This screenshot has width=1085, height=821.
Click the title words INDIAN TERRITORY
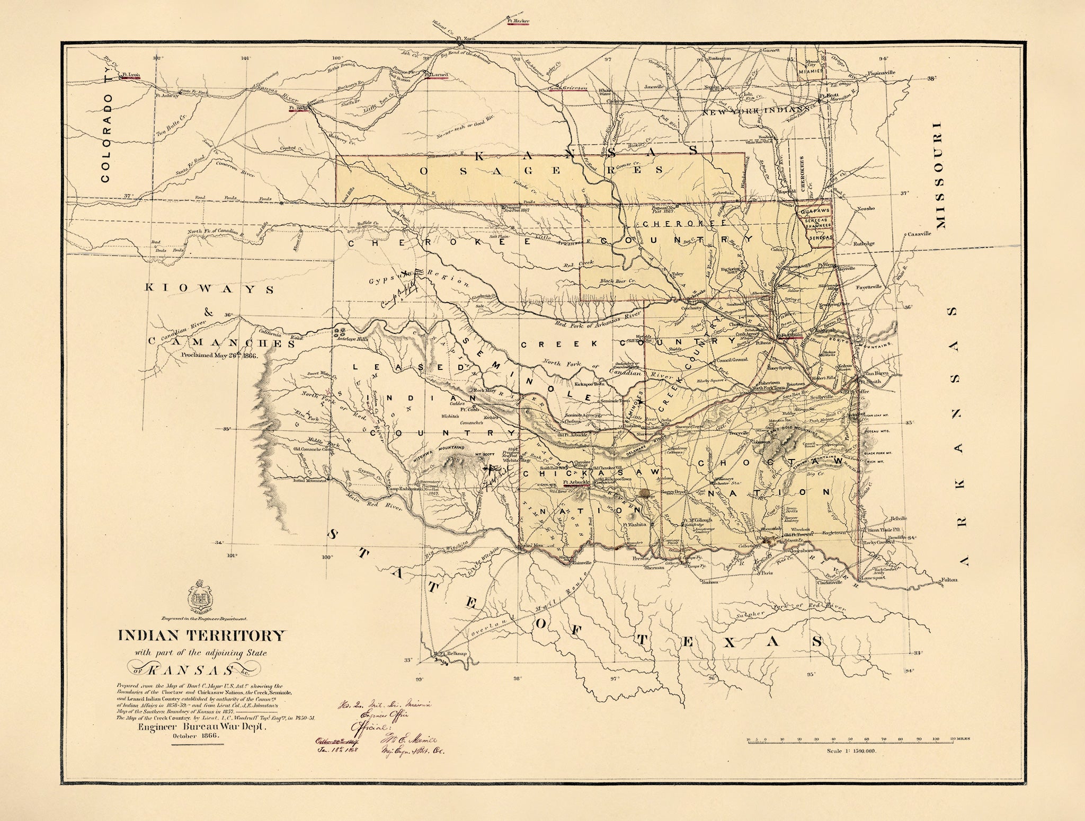201,635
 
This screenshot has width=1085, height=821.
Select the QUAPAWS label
814,210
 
